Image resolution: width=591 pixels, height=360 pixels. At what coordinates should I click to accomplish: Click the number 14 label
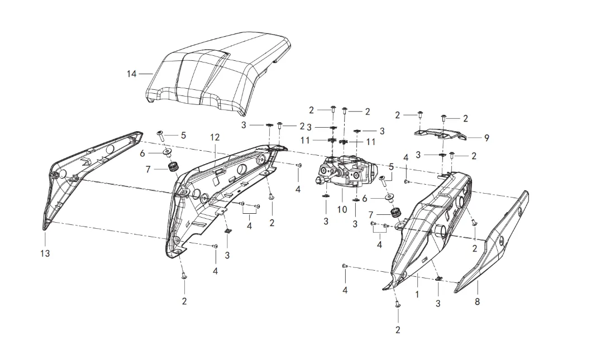tap(132, 74)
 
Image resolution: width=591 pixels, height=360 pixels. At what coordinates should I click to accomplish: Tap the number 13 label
tap(45, 253)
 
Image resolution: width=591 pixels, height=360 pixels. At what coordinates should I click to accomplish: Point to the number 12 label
tap(215, 137)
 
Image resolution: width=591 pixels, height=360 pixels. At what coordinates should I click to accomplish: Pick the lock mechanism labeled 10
tap(344, 170)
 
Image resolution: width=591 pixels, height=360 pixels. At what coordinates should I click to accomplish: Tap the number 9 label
tap(487, 138)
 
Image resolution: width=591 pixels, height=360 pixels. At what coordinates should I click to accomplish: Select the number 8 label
tap(477, 301)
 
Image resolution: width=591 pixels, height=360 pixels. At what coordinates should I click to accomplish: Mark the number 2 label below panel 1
tap(398, 329)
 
